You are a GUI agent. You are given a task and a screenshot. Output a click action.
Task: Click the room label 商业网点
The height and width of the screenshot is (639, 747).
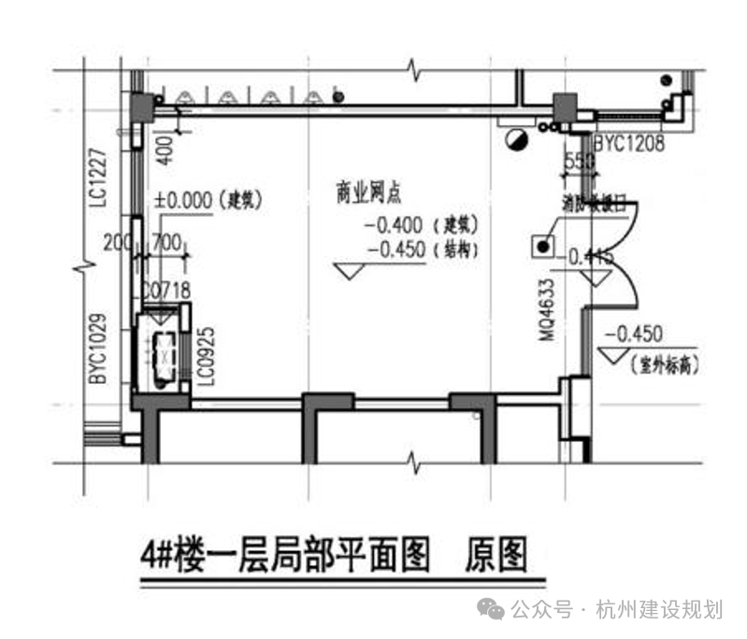[368, 193]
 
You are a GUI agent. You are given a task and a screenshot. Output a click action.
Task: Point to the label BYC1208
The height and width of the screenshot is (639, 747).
[630, 145]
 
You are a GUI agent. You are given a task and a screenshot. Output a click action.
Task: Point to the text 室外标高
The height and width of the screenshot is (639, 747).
[665, 361]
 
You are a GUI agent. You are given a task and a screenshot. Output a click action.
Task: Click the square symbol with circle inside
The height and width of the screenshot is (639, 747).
[542, 247]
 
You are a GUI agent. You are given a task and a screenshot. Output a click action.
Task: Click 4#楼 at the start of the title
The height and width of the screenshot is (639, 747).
[168, 557]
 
